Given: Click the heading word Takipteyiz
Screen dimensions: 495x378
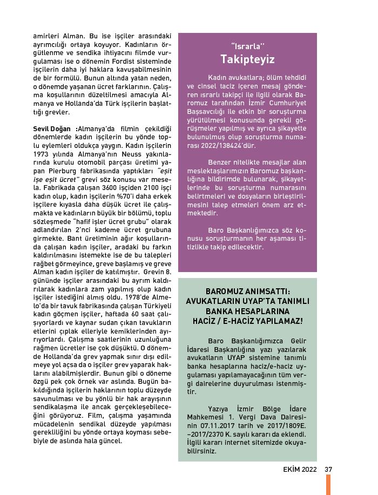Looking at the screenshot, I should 247,59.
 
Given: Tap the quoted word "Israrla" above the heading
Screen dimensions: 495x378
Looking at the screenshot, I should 247,44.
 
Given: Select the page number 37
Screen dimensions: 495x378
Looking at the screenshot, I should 328,469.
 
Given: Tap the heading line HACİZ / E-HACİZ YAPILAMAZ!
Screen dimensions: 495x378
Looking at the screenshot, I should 247,321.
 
